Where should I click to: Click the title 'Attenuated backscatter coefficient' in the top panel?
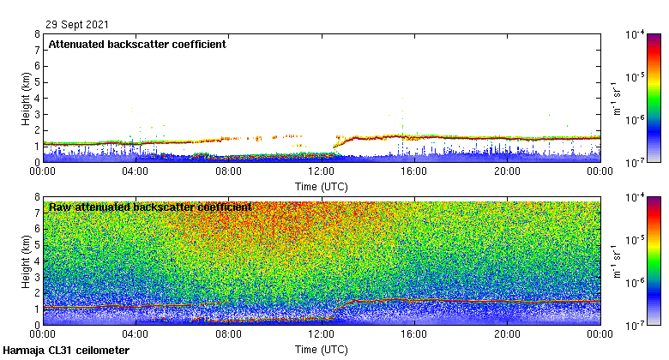click(137, 45)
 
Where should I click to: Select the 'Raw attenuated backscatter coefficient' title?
click(150, 207)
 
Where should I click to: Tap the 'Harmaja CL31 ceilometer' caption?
click(66, 351)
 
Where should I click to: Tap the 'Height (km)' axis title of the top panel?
click(26, 98)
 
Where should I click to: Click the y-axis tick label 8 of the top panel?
click(37, 35)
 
